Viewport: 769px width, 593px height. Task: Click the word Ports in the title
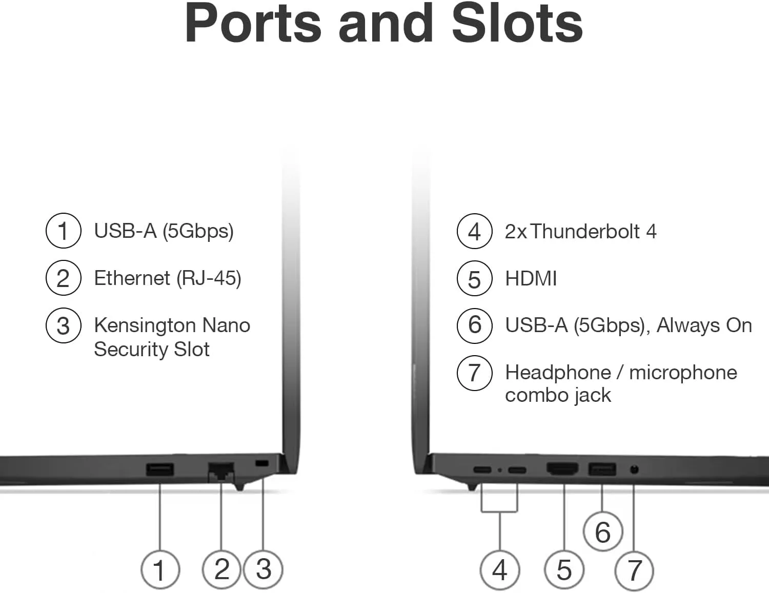click(x=253, y=24)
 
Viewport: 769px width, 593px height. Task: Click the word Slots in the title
click(x=517, y=24)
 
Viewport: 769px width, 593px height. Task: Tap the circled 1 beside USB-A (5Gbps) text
click(x=64, y=231)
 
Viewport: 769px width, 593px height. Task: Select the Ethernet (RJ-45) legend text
click(x=168, y=278)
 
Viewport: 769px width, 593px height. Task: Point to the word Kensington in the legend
click(x=145, y=326)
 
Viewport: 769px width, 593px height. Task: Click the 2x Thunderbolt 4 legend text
click(x=581, y=231)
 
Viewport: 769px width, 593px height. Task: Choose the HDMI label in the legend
click(x=531, y=278)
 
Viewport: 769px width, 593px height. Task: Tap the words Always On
click(x=704, y=325)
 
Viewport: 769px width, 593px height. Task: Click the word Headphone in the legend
click(x=558, y=372)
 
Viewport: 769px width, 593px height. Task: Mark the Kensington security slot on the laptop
click(x=262, y=463)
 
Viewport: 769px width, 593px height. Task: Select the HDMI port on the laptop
click(x=563, y=468)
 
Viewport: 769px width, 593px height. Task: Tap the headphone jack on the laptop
click(x=634, y=470)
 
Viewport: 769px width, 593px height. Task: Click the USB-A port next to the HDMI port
click(x=602, y=469)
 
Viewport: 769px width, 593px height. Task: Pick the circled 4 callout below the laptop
click(x=500, y=570)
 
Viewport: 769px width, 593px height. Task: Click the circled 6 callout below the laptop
click(x=603, y=532)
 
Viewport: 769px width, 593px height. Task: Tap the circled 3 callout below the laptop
click(x=264, y=569)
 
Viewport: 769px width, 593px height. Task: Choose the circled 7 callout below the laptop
click(x=634, y=570)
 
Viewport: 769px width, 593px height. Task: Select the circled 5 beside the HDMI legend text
click(x=474, y=278)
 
